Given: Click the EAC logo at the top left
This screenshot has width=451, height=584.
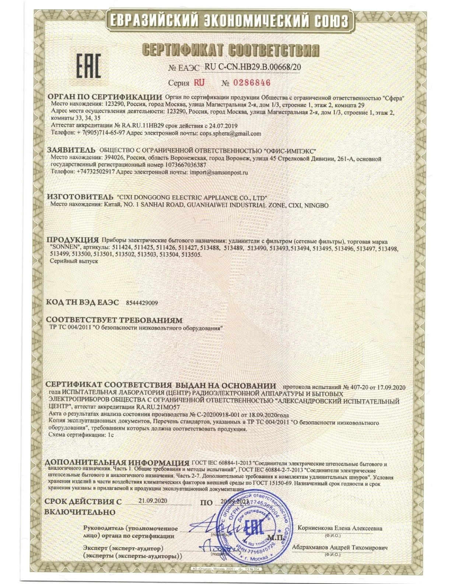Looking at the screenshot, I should tap(88, 66).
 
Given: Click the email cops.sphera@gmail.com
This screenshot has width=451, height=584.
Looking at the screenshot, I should tap(230, 133).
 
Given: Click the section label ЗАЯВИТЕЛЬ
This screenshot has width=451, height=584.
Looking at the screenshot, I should tap(71, 150).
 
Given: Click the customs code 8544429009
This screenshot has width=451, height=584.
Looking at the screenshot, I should tap(141, 303).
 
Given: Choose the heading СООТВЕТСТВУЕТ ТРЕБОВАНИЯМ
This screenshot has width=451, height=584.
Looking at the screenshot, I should tap(114, 320).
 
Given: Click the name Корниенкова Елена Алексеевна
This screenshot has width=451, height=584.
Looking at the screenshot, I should tap(340, 528).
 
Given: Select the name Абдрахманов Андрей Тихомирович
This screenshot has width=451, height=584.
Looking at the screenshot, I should tap(339, 548).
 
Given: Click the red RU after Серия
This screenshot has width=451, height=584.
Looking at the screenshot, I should tap(199, 83).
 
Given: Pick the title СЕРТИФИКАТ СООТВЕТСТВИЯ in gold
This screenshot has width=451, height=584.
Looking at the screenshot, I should tap(230, 50).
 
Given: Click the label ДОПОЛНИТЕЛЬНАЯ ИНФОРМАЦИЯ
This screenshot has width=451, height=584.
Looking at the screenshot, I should tap(117, 463).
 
